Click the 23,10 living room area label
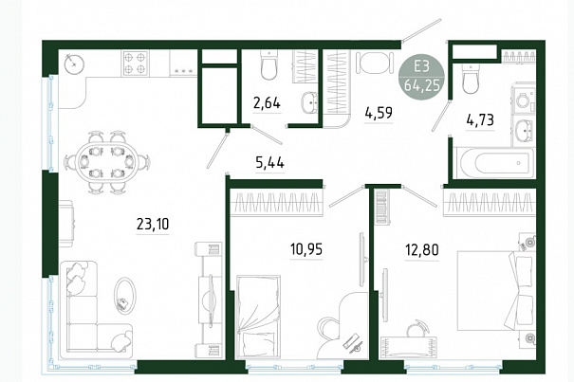pos(153,224)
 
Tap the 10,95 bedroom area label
pos(306,249)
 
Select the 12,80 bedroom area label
pos(421,250)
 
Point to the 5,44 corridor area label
pos(269,162)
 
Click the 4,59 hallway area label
pos(379,113)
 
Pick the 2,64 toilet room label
pos(267,102)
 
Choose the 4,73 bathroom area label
pos(480,119)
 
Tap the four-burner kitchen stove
pos(135,63)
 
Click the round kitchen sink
pos(74,64)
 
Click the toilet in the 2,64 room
pos(269,65)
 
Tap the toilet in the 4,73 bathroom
pos(471,79)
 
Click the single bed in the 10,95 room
pos(258,317)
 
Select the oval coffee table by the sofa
pos(125,296)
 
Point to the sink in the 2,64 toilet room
pos(309,102)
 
